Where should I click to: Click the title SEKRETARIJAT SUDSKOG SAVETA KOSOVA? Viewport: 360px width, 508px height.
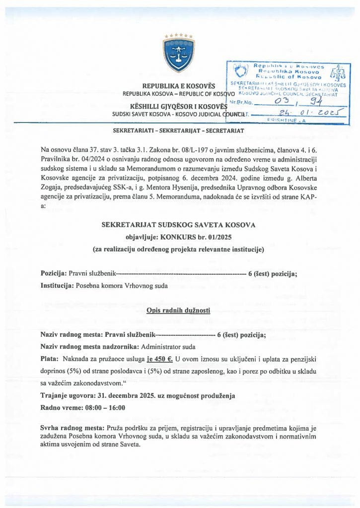pyautogui.click(x=179, y=225)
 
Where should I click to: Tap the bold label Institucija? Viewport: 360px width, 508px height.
pyautogui.click(x=57, y=285)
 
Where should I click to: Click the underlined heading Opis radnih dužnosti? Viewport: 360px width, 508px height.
pyautogui.click(x=179, y=311)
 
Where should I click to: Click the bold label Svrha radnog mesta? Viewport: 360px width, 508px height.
pyautogui.click(x=70, y=428)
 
